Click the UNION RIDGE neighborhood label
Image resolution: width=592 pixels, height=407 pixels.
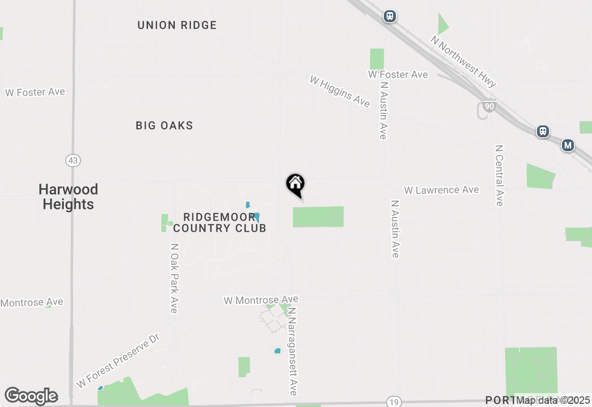[x=177, y=25]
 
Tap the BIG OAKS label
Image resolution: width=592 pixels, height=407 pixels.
[x=164, y=126]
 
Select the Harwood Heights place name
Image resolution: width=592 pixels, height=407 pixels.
[x=68, y=197]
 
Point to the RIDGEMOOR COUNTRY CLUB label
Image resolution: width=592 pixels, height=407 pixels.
[x=220, y=222]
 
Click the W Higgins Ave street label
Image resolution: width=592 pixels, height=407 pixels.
[x=340, y=92]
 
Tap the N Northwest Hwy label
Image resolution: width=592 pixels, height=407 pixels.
[x=463, y=62]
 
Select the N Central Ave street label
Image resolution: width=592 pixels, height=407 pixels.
[x=499, y=176]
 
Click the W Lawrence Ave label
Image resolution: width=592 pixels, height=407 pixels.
[x=441, y=190]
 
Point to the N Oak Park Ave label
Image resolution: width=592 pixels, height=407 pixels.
[x=174, y=278]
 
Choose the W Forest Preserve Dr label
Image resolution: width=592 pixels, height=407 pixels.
[x=117, y=361]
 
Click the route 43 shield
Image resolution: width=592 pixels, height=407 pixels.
[x=73, y=160]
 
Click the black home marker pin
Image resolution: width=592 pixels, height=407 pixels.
[x=295, y=184]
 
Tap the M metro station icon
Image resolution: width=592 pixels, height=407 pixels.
[x=567, y=146]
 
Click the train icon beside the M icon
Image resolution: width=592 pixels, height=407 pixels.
[x=543, y=131]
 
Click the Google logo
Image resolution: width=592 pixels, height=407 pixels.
[x=31, y=396]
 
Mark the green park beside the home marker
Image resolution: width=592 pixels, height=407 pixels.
[x=318, y=217]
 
